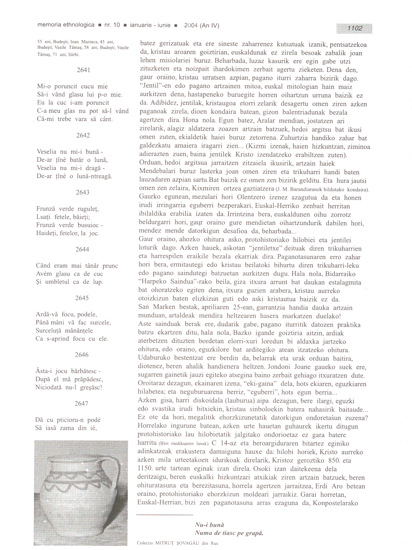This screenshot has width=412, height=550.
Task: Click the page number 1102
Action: (355, 28)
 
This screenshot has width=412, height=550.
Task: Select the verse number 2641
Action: (83, 70)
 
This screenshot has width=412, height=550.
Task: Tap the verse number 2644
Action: (82, 249)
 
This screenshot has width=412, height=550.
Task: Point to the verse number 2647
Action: (81, 404)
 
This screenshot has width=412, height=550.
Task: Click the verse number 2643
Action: (82, 192)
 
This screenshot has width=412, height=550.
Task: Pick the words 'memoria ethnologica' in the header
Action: (66, 25)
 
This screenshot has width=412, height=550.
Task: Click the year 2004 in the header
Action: (191, 25)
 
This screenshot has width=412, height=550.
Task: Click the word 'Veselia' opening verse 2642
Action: (47, 152)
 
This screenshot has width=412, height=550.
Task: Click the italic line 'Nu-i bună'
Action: (209, 525)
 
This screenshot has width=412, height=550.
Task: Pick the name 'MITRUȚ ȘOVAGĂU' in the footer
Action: (177, 543)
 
